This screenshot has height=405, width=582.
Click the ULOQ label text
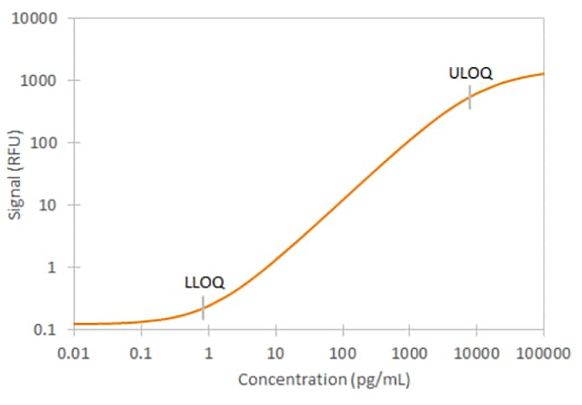click(470, 73)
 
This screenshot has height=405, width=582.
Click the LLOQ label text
click(204, 283)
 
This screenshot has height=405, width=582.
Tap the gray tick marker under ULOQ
click(470, 96)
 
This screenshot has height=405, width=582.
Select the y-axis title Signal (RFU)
click(16, 174)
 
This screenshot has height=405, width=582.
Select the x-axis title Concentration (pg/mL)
click(324, 380)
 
